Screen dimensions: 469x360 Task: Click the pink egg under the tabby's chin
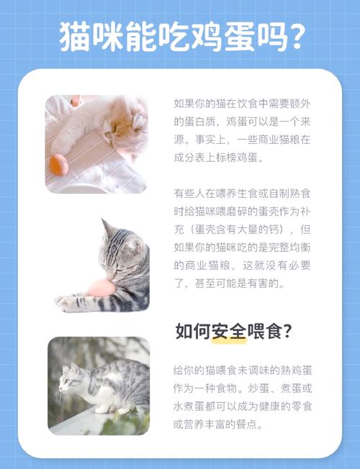[x=101, y=288]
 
